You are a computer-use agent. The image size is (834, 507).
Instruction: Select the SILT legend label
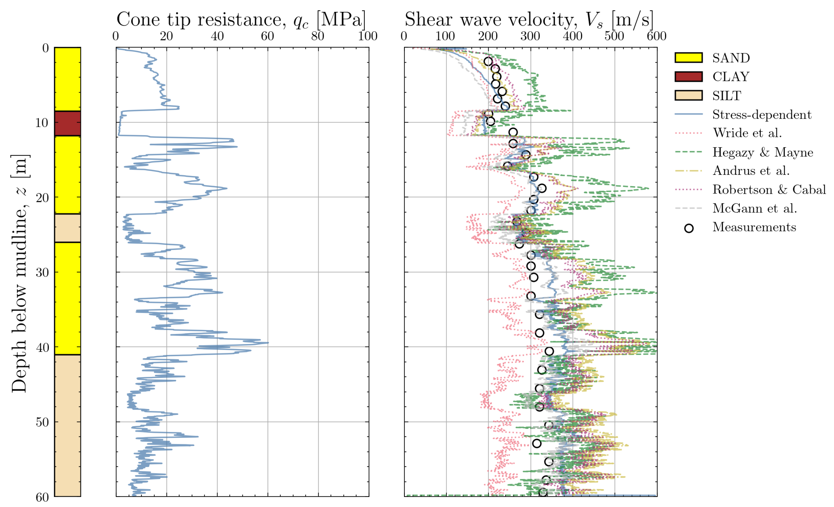tap(726, 96)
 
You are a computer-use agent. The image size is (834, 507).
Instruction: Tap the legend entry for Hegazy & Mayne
tap(762, 152)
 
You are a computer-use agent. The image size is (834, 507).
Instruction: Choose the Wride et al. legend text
tap(747, 133)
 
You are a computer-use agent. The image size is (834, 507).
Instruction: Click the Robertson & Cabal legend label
tap(769, 189)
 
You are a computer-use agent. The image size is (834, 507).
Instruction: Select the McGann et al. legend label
tap(755, 208)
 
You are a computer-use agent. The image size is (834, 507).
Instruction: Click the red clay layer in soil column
tap(67, 123)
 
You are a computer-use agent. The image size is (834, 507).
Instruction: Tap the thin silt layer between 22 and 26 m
tap(67, 228)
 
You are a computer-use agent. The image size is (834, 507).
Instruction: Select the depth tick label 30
tap(42, 272)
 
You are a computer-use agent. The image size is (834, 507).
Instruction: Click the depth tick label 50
tap(42, 422)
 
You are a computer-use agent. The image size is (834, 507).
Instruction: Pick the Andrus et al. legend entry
tap(751, 171)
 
